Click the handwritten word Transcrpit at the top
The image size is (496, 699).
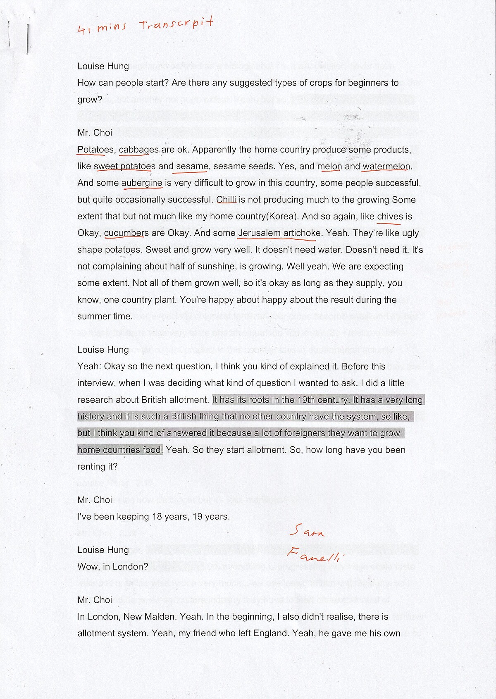pyautogui.click(x=176, y=24)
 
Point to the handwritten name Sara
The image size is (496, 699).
pyautogui.click(x=307, y=530)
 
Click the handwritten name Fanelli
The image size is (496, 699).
pyautogui.click(x=313, y=554)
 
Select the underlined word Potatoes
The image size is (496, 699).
pyautogui.click(x=95, y=150)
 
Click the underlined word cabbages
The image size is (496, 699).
pyautogui.click(x=138, y=150)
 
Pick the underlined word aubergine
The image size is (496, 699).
pyautogui.click(x=141, y=183)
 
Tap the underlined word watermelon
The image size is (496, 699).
pyautogui.click(x=386, y=167)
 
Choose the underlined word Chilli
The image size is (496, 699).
pyautogui.click(x=226, y=200)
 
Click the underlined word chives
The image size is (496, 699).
pyautogui.click(x=390, y=217)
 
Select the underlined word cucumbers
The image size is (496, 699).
pyautogui.click(x=126, y=233)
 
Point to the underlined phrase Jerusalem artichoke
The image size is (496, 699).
pyautogui.click(x=279, y=233)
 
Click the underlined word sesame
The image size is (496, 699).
pyautogui.click(x=192, y=167)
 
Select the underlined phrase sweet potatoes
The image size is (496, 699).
pyautogui.click(x=124, y=167)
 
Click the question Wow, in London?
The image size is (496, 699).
pyautogui.click(x=112, y=567)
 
